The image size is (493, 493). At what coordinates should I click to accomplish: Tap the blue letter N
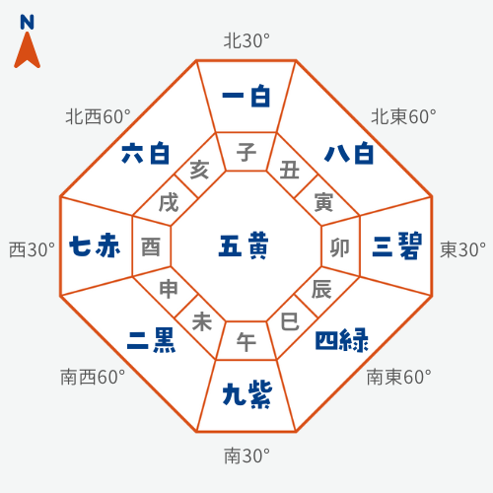click(x=27, y=22)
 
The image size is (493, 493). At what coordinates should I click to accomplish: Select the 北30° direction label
click(x=246, y=41)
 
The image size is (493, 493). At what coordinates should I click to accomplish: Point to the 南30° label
click(x=246, y=456)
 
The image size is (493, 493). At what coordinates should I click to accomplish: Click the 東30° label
click(x=462, y=249)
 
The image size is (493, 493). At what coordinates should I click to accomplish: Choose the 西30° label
click(x=32, y=249)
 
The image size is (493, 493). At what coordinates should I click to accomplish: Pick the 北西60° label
click(x=98, y=116)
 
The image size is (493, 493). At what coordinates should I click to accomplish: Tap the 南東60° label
click(x=399, y=377)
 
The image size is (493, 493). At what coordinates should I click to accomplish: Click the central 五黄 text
click(x=244, y=246)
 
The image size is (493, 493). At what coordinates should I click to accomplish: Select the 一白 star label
click(x=246, y=96)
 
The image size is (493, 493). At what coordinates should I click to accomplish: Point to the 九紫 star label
click(x=247, y=394)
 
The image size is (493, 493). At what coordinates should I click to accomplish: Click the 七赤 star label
click(x=95, y=246)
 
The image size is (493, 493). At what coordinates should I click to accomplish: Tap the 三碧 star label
click(x=397, y=246)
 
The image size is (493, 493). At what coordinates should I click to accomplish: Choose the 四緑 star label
click(x=342, y=340)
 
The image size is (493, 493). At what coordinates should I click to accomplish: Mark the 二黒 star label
click(x=151, y=341)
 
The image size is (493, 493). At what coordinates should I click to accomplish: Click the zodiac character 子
click(x=246, y=152)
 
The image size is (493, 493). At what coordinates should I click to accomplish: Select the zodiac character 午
click(x=246, y=342)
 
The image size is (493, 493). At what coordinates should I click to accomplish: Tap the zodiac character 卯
click(x=340, y=247)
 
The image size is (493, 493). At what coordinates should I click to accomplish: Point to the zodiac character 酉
click(x=151, y=247)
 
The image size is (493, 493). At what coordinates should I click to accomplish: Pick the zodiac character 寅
click(x=323, y=202)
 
